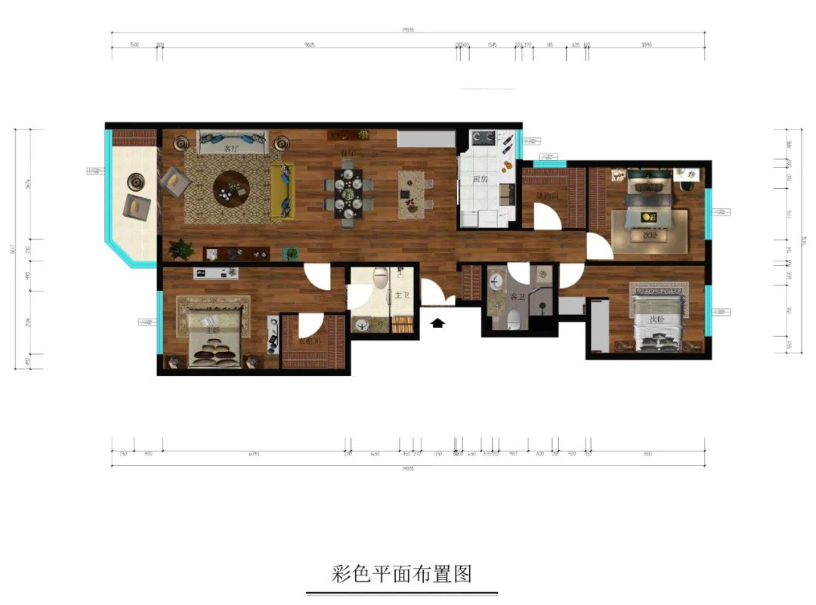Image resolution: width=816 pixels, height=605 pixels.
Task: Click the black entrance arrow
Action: pyautogui.click(x=437, y=323)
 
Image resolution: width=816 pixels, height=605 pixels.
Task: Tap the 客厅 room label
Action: pyautogui.click(x=232, y=150)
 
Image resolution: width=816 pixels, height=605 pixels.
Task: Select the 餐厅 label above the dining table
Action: pyautogui.click(x=348, y=153)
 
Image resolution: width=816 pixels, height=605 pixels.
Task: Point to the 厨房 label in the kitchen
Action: pyautogui.click(x=479, y=180)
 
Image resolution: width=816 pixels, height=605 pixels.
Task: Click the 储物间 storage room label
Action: pyautogui.click(x=546, y=196)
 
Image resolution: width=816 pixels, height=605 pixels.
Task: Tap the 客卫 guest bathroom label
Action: pyautogui.click(x=518, y=297)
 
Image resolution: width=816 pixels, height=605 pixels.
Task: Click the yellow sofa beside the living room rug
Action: pyautogui.click(x=283, y=192)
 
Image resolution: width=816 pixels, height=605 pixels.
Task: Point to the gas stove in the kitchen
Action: pyautogui.click(x=483, y=138)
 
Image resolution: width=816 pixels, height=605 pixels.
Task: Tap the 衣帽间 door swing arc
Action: pyautogui.click(x=311, y=327)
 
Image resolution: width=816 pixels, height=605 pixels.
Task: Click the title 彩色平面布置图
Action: pyautogui.click(x=402, y=574)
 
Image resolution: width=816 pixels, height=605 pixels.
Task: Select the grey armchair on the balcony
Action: pyautogui.click(x=137, y=205)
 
